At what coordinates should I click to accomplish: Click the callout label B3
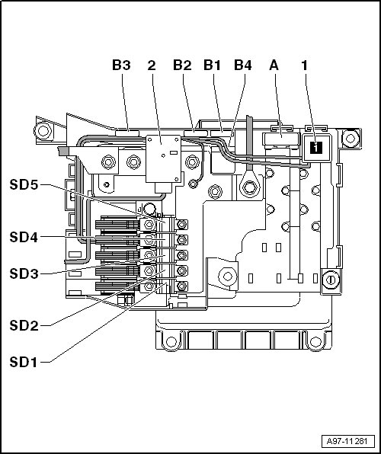point(121,66)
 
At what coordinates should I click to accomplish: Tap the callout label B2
point(182,66)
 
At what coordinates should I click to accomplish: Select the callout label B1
point(212,66)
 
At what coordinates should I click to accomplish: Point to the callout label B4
point(243,66)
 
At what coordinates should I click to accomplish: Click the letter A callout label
point(274,66)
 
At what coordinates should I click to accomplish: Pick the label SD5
point(24,184)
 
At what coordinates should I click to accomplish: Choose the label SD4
point(24,237)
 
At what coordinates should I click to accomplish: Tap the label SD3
point(24,273)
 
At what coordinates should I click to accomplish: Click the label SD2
point(24,326)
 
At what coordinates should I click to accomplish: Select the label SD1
point(24,363)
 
